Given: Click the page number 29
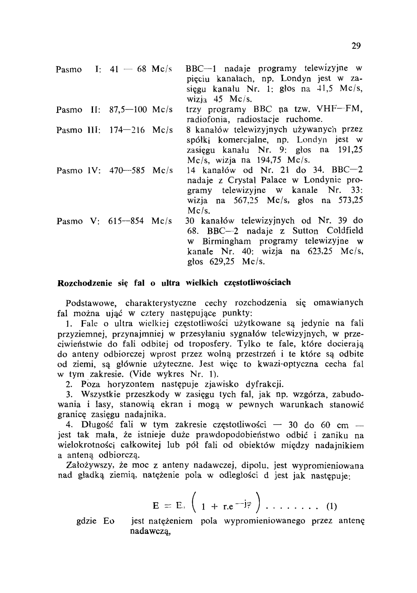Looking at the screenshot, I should (356, 46).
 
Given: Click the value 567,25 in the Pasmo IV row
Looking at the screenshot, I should (246, 200).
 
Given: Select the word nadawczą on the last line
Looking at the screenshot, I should (151, 532).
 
